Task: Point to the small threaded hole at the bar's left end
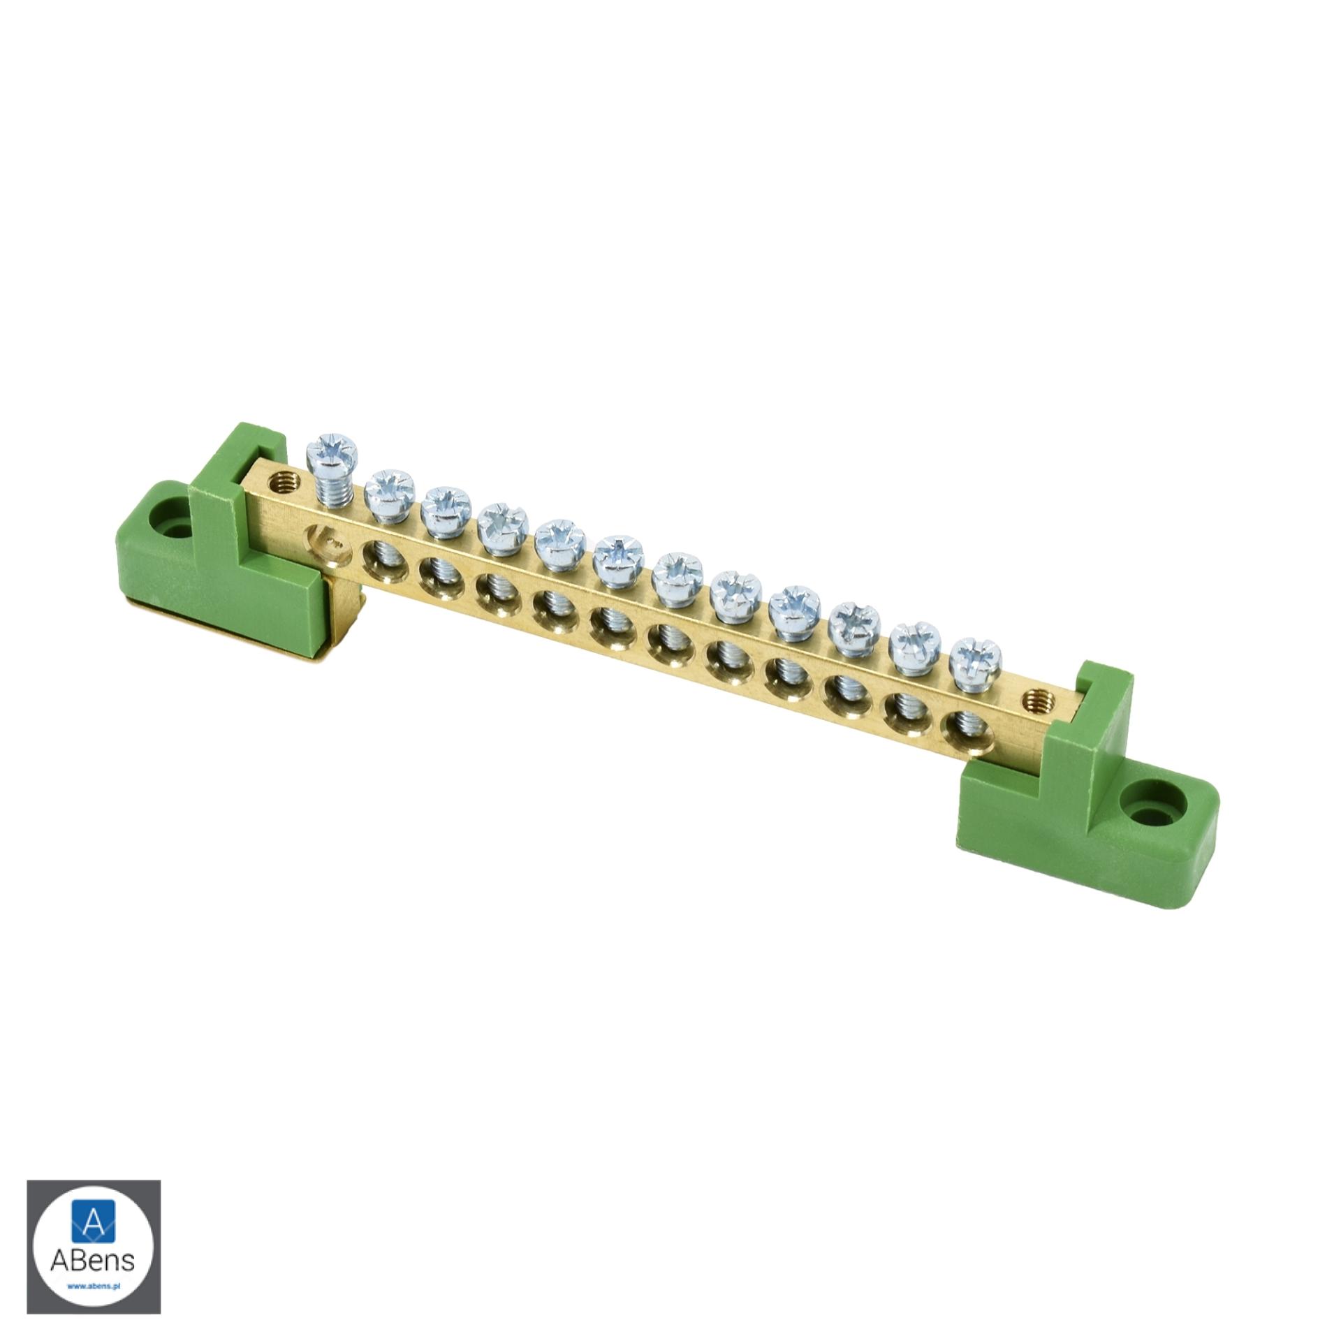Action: pyautogui.click(x=284, y=480)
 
